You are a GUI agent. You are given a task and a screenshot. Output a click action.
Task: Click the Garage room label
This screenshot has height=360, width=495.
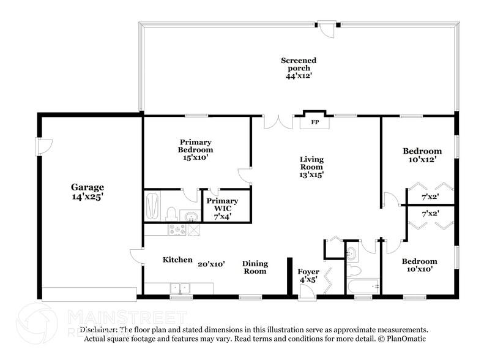coord(87,187)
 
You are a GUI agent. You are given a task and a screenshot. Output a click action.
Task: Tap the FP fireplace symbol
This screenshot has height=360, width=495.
coord(314,122)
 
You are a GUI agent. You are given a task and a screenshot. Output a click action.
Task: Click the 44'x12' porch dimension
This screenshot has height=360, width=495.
coord(299,77)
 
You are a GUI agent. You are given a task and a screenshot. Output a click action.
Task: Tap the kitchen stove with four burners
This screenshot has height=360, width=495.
coord(177,230)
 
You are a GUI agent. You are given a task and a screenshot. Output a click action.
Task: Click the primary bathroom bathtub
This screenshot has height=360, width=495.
coord(152,206)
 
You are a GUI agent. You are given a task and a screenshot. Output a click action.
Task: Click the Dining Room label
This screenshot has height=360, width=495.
coord(255,267)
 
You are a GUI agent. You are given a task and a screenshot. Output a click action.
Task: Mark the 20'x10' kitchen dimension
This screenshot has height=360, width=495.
coord(211,264)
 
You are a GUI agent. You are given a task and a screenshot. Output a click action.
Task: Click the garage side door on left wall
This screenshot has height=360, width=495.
coord(45,146)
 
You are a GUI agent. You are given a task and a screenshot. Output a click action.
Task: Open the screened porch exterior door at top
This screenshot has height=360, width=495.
coord(329,30)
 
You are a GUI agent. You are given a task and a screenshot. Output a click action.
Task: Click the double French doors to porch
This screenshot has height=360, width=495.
coord(278,121)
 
